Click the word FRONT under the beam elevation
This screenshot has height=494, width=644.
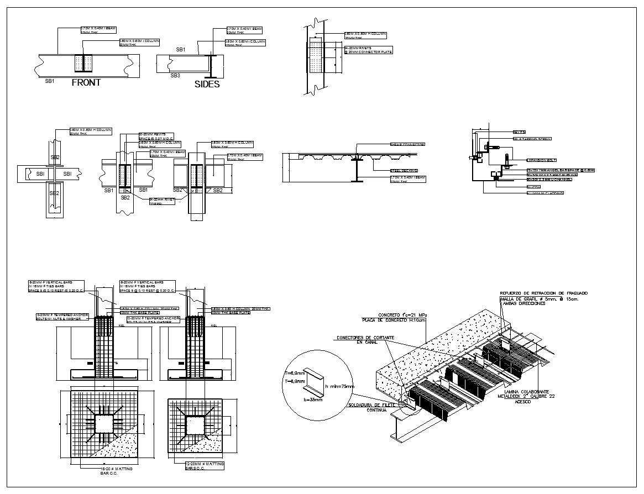pyautogui.click(x=86, y=82)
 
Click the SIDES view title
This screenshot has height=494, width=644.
pyautogui.click(x=207, y=84)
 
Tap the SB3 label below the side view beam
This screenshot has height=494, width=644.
pyautogui.click(x=175, y=75)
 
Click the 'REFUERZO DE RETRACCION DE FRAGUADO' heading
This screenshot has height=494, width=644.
pyautogui.click(x=543, y=293)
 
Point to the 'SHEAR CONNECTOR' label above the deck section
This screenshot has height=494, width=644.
pyautogui.click(x=407, y=144)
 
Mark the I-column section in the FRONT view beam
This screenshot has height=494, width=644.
pyautogui.click(x=82, y=64)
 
